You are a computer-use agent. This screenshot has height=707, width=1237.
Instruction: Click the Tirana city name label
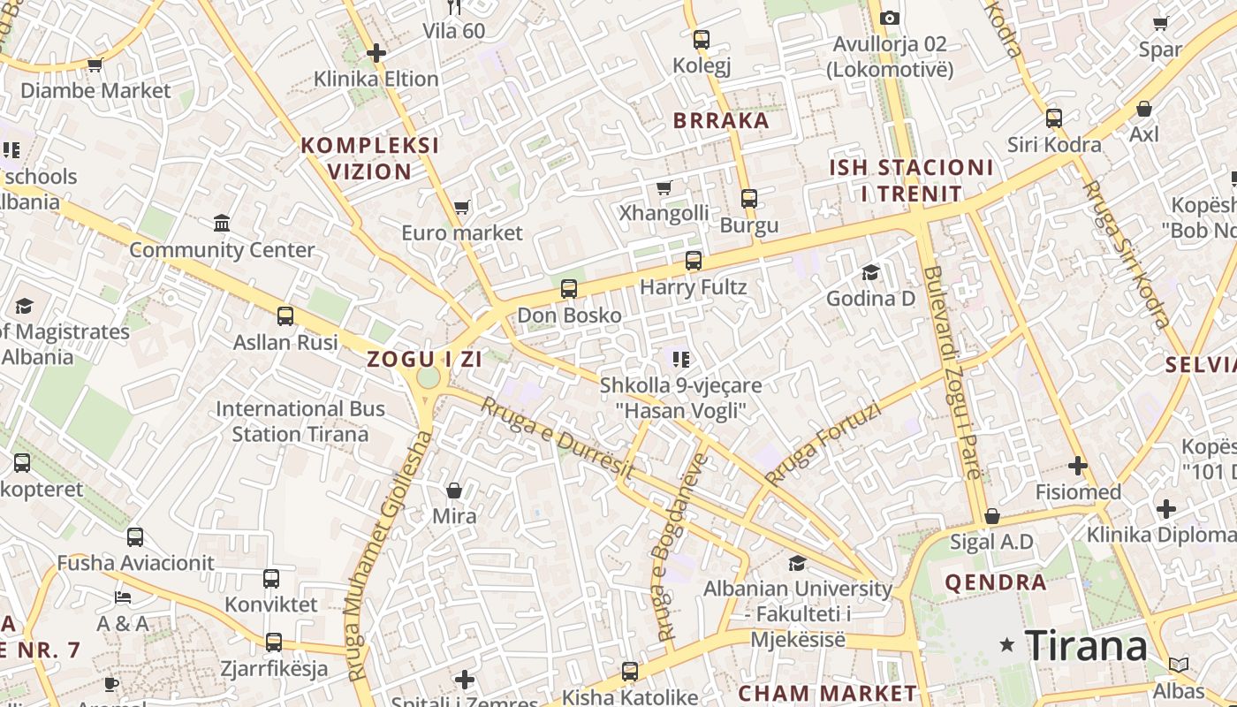pos(1086,645)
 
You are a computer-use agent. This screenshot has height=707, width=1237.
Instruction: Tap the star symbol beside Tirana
pos(1006,645)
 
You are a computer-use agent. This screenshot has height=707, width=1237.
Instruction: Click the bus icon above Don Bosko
pos(569,289)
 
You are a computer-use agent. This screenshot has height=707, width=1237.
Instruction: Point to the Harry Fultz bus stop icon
pos(694,261)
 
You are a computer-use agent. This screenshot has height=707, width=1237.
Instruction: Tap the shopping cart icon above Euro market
pos(461,208)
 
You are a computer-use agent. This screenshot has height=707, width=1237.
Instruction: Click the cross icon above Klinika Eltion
pos(376,53)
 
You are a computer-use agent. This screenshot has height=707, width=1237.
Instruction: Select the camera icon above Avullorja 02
pos(890,18)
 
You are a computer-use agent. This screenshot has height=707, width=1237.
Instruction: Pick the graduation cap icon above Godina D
pos(870,272)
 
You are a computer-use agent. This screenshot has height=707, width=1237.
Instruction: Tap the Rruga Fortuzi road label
pos(823,445)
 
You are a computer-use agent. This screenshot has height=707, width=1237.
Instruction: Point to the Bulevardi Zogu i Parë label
pos(951,371)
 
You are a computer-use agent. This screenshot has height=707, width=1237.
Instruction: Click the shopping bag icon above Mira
pos(454,490)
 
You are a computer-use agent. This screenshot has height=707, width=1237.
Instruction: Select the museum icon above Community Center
pos(222,223)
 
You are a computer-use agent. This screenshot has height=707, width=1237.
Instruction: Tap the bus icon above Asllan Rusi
pos(285,316)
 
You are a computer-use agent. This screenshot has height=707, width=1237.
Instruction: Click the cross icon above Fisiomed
pos(1077,466)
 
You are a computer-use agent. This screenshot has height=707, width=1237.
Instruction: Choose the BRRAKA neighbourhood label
pos(721,121)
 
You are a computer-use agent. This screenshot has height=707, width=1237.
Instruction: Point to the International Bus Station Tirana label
pos(300,422)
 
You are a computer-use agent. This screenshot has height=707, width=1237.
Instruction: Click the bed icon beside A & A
pos(123,597)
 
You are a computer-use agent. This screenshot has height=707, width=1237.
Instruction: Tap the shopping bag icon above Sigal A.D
pos(991,516)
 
